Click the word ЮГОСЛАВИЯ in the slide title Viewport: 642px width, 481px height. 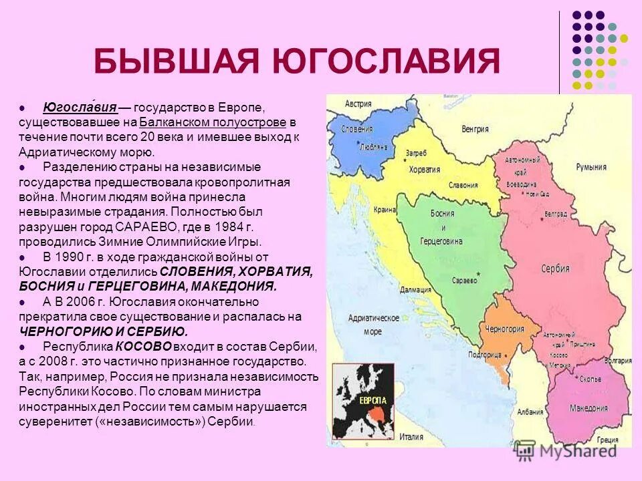387,61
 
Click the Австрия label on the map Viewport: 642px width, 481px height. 358,104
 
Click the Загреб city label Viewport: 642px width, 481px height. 415,153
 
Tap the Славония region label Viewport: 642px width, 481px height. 463,185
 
